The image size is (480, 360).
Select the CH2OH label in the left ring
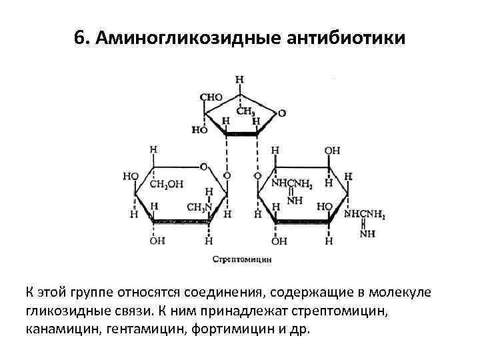click(x=167, y=184)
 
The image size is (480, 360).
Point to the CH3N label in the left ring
click(x=198, y=207)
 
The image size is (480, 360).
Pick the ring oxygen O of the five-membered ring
click(x=282, y=113)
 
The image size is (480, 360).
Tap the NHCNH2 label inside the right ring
click(x=291, y=183)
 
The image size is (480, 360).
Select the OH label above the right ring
click(x=332, y=151)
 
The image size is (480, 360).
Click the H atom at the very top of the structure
click(x=239, y=79)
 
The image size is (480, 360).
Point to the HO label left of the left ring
click(x=131, y=177)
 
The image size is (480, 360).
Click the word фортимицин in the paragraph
click(x=235, y=330)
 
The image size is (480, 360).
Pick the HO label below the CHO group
click(x=200, y=130)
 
